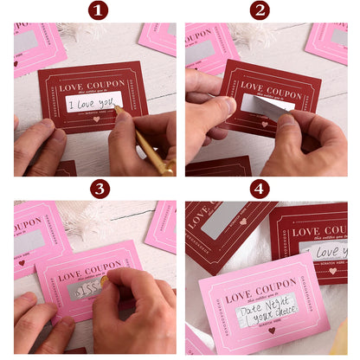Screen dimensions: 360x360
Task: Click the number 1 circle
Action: (x=98, y=10)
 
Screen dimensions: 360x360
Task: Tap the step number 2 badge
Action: (x=260, y=10)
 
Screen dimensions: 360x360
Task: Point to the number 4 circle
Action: (x=260, y=189)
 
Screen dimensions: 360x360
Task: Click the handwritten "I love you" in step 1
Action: (x=93, y=105)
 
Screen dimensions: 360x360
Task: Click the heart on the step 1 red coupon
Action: (x=95, y=119)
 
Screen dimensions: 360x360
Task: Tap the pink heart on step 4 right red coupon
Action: (x=332, y=270)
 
